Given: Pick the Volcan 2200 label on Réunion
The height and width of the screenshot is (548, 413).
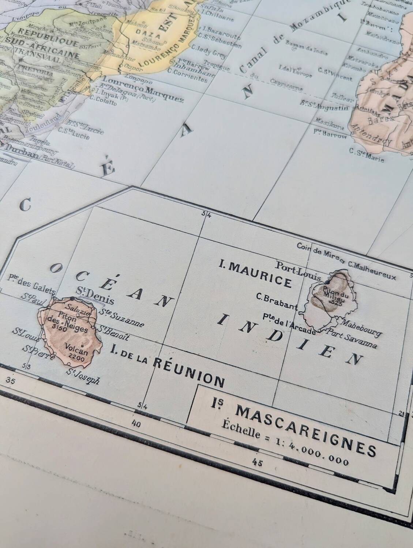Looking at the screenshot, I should tap(76, 353).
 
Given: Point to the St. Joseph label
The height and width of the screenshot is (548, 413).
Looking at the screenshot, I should tap(83, 376).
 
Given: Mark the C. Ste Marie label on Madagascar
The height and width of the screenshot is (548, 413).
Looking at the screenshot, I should tap(367, 155).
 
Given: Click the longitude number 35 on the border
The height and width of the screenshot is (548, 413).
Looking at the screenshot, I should tap(10, 382).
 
